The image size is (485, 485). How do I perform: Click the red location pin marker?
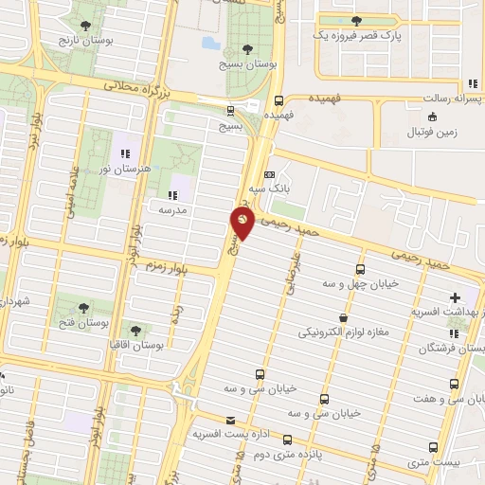(242, 223)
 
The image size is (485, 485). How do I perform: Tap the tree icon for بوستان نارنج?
(87, 26)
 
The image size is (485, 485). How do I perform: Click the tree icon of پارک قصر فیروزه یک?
(357, 21)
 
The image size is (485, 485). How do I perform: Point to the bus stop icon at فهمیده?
(278, 100)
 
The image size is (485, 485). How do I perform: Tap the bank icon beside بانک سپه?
(270, 175)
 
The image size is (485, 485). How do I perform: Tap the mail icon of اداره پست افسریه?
(229, 420)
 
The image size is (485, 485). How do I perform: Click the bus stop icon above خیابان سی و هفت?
(455, 385)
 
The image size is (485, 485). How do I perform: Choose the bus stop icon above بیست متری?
(433, 447)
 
